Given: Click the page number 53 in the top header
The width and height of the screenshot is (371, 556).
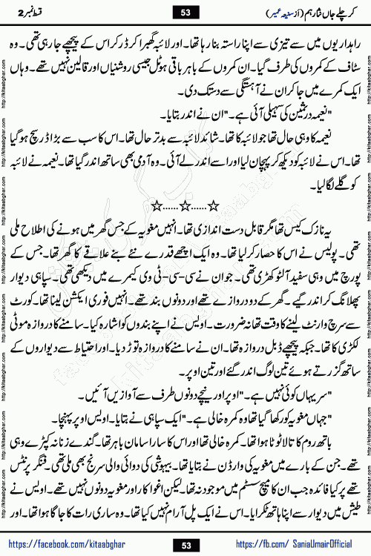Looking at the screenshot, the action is (x=185, y=12).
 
